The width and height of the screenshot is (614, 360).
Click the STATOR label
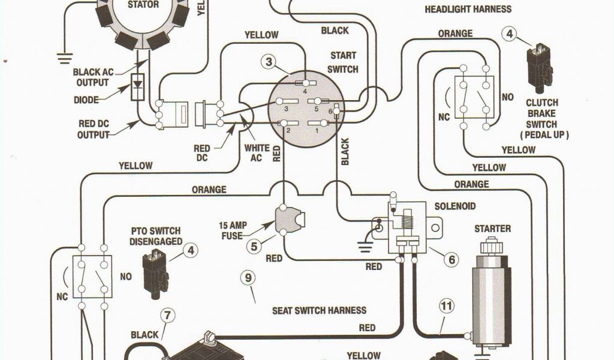coord(144,5)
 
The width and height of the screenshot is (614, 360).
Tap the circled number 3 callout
coord(269,61)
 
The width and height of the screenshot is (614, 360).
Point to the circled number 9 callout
coord(246,278)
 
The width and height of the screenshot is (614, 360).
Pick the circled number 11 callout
coord(446,307)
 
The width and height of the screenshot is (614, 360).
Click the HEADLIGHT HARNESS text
coord(468,9)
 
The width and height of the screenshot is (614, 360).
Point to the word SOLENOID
coord(455,206)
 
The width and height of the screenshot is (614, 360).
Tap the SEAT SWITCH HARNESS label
coord(319,310)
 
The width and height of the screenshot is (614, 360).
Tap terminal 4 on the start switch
coord(306,84)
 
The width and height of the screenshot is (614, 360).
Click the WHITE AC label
coord(257,153)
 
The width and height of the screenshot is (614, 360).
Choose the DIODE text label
coord(86,100)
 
